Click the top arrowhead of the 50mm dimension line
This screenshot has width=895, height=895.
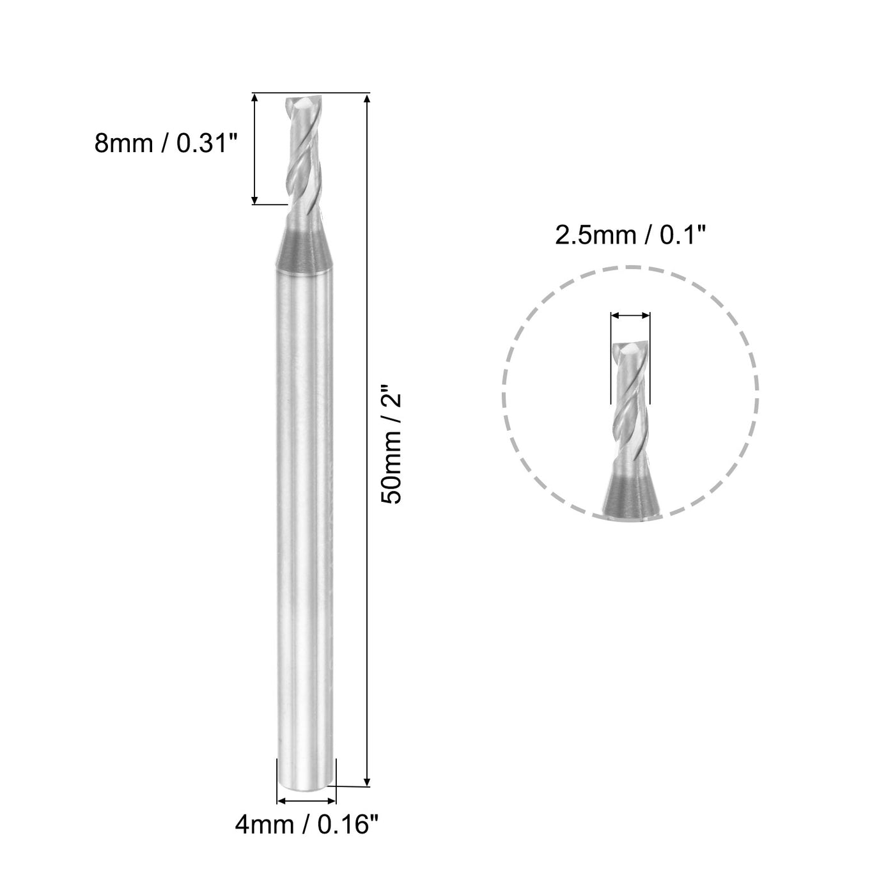367,99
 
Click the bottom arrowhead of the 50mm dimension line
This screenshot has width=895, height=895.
367,781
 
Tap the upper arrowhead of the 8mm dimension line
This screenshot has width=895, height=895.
255,99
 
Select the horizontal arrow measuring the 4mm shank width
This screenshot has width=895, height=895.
306,800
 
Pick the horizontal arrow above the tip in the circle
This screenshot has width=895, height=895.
630,315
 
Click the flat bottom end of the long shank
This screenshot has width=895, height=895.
306,784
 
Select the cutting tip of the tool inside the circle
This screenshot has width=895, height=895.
631,348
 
